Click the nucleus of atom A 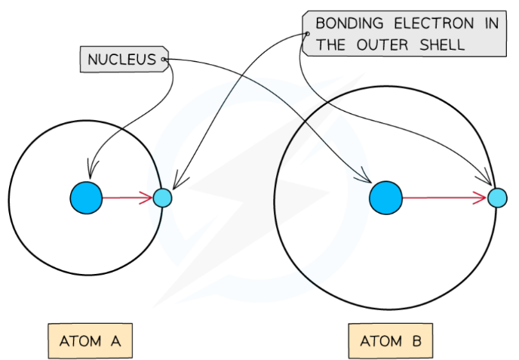85,198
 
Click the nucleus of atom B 385,198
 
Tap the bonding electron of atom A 162,198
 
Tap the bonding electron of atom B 497,198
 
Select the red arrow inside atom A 124,198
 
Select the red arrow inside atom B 441,198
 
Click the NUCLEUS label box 122,59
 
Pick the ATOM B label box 391,341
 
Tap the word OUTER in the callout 383,45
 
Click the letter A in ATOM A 116,341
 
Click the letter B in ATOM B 417,341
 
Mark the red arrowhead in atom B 481,198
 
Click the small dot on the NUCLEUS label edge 164,59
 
